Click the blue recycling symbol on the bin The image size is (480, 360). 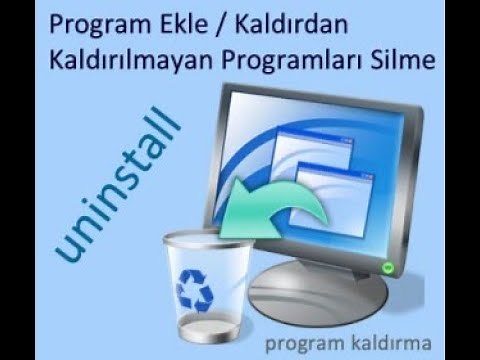coord(196,289)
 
